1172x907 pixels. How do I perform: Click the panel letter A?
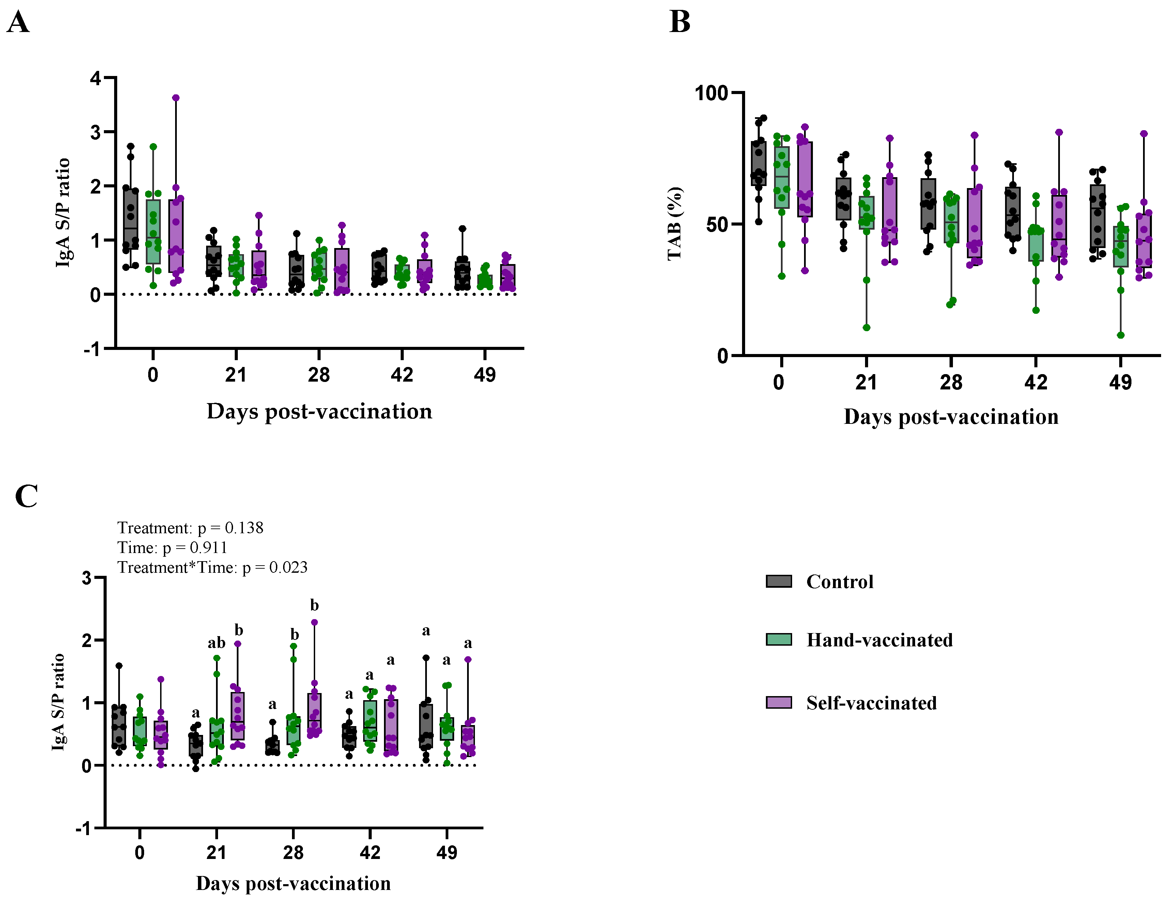(x=18, y=22)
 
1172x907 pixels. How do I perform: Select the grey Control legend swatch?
(x=778, y=581)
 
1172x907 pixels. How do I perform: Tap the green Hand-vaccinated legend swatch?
(x=778, y=639)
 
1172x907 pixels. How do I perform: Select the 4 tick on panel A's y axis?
(x=95, y=78)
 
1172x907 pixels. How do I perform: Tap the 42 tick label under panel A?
(x=401, y=374)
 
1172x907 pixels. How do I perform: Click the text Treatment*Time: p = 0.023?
(x=213, y=567)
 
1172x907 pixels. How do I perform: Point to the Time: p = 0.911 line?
(x=172, y=548)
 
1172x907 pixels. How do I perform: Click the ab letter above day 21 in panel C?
(x=216, y=642)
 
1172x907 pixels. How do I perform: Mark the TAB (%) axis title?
(x=675, y=224)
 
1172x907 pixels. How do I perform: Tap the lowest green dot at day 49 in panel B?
(x=1121, y=335)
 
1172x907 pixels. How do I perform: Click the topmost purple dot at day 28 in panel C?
(x=314, y=622)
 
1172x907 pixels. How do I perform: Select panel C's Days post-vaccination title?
(x=293, y=883)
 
